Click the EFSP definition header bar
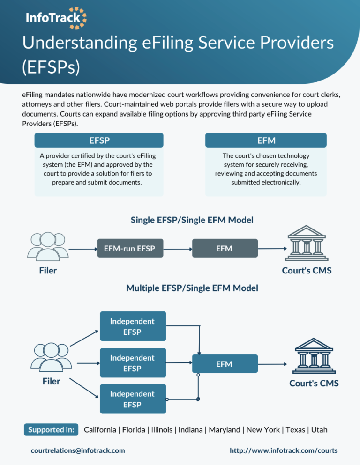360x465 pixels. (99, 140)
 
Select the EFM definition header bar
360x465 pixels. (266, 140)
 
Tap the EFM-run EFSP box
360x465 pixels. (130, 248)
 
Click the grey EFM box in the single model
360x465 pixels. (225, 248)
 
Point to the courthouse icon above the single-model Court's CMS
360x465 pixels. (306, 244)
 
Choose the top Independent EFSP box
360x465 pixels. (133, 327)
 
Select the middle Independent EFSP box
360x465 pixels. (133, 363)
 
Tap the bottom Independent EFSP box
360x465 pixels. (133, 399)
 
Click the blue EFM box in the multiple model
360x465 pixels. (225, 364)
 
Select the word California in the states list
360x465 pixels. (100, 429)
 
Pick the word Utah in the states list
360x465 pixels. (319, 429)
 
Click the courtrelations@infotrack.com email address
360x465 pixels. (78, 450)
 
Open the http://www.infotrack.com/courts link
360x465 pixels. (284, 450)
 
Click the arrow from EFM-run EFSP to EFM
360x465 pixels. (177, 248)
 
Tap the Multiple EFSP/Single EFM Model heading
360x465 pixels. (192, 288)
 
